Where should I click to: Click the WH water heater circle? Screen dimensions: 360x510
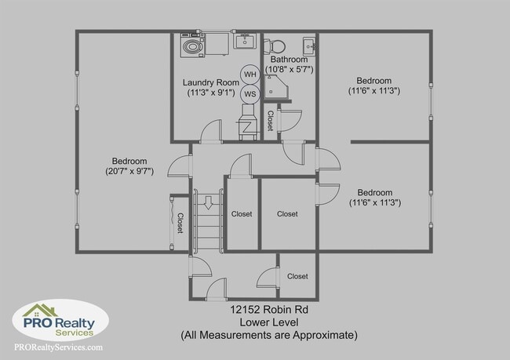(250, 75)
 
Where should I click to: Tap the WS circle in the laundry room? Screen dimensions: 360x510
(250, 94)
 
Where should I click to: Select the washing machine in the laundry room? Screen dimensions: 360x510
(192, 47)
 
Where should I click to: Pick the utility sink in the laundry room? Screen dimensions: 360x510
(242, 40)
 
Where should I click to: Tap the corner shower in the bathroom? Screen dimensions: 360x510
(278, 93)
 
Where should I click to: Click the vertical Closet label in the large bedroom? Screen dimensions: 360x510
(180, 224)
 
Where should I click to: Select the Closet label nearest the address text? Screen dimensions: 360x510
(297, 276)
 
